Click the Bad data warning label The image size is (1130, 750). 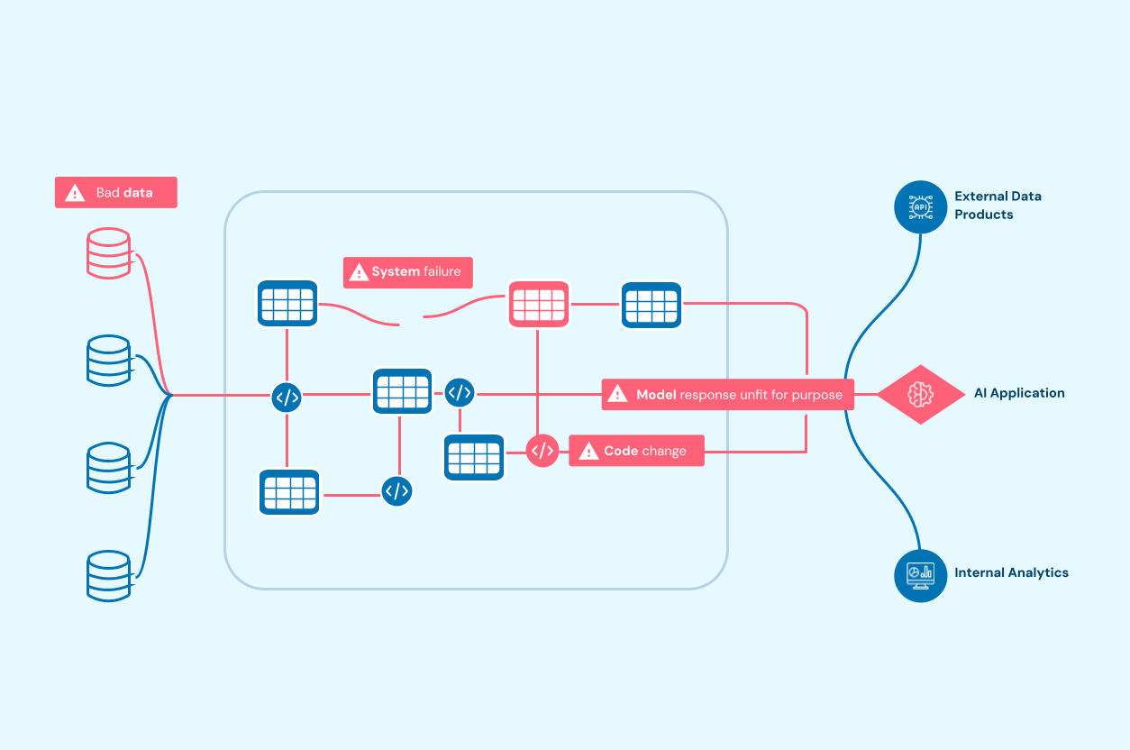pos(116,192)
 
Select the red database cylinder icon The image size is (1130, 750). pos(109,253)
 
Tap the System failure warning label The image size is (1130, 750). pos(407,272)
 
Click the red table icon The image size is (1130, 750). pos(539,305)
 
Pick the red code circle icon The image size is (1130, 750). pos(542,450)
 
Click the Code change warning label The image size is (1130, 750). pos(636,451)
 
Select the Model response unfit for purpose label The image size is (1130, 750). pos(727,394)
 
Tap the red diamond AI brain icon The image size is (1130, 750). pos(921,394)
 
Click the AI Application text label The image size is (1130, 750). pos(1019,393)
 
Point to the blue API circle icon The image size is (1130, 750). pos(921,207)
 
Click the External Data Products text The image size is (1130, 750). pos(998,205)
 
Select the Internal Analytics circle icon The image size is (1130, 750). pos(921,575)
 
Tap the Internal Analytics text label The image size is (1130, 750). pos(1011,572)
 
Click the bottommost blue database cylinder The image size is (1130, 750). pos(109,576)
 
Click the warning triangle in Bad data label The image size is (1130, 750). pos(75,193)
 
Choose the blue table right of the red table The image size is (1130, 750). pos(652,305)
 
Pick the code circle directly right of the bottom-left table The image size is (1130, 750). pos(397,491)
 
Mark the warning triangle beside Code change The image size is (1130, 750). pos(588,451)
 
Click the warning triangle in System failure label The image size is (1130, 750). pos(359,272)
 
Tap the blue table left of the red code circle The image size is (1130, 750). pos(474,457)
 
